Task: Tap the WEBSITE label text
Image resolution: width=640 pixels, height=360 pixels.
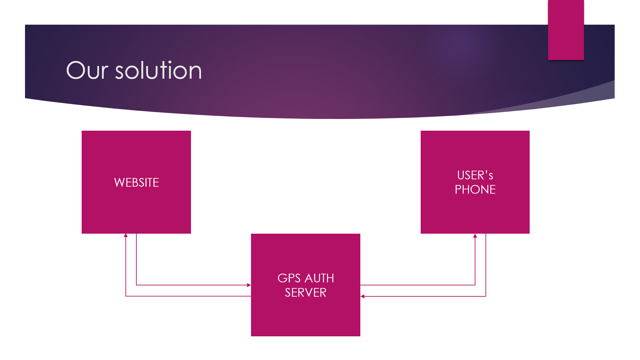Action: [x=136, y=182]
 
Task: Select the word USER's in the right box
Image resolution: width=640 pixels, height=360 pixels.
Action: [x=475, y=175]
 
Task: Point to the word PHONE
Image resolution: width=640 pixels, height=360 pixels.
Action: [x=475, y=189]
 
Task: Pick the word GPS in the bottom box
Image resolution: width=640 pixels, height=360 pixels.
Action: [x=289, y=278]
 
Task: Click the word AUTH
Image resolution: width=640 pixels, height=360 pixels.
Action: [x=319, y=278]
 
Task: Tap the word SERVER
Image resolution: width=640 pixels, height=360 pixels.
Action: [x=306, y=292]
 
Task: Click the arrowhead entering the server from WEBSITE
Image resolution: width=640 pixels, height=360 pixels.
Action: [x=249, y=285]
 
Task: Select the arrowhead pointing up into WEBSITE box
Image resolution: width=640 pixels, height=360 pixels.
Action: [x=126, y=235]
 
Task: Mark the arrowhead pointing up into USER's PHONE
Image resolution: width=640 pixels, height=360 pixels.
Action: [x=475, y=236]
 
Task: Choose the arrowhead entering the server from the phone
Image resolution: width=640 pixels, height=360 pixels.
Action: [x=362, y=296]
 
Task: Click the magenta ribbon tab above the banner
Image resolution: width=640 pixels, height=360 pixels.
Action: [x=566, y=30]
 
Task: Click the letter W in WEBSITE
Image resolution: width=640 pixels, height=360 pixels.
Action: [x=119, y=182]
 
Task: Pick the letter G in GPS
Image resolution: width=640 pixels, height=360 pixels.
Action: [x=282, y=278]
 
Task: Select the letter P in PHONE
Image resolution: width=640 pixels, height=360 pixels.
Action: [x=458, y=189]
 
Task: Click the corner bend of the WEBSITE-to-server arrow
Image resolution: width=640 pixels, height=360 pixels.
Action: [x=136, y=285]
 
